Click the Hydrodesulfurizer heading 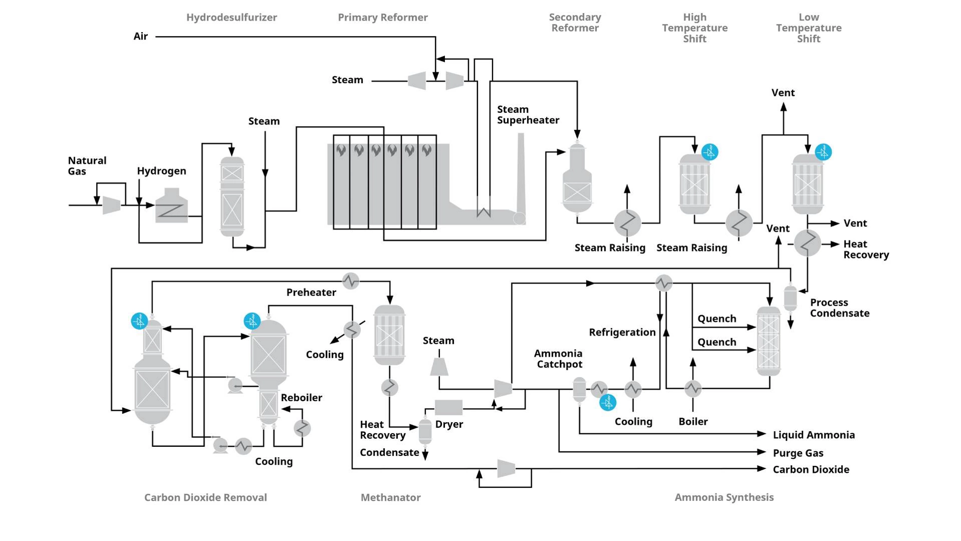231,18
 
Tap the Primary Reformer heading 382,18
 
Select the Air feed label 141,36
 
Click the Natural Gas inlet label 87,166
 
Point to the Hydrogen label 161,171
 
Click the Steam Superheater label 528,115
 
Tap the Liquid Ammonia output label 813,435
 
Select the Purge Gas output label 798,453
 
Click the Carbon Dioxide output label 811,469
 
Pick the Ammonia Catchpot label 559,359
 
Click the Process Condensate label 839,308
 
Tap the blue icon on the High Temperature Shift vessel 710,152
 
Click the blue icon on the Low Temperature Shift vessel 823,152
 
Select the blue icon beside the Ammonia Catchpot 608,402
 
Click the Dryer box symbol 448,407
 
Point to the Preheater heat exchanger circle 350,281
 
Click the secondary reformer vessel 577,180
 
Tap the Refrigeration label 622,332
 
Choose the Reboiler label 301,398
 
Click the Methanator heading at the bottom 390,497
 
